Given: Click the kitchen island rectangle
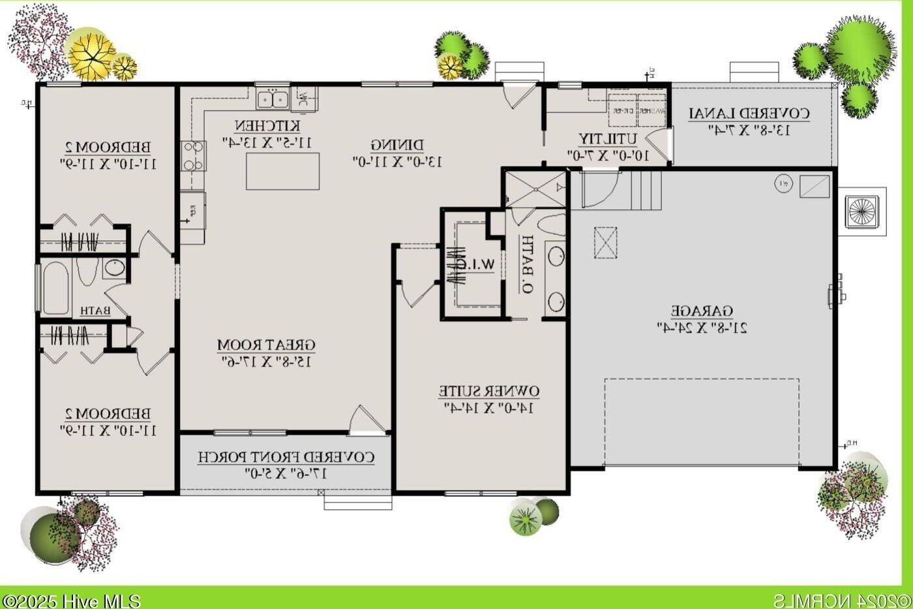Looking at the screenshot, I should click(282, 171).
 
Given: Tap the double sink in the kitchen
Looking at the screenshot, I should click(273, 99).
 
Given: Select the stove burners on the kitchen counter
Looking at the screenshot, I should click(193, 156).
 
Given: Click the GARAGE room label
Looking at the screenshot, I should click(702, 311).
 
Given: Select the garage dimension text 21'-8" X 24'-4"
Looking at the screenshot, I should click(702, 327).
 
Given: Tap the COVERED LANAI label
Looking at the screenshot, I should click(749, 114).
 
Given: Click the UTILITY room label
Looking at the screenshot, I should click(608, 139).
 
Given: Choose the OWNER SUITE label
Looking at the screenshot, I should click(488, 392).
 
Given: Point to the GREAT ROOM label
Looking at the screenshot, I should click(266, 345).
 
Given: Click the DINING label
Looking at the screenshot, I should click(397, 144).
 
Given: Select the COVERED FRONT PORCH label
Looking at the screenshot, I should click(286, 457).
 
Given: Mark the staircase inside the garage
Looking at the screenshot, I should click(646, 190).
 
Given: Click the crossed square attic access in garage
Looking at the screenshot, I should click(606, 243).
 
